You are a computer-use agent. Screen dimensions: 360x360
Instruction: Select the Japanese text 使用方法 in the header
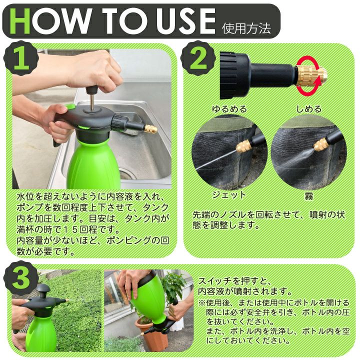(246, 28)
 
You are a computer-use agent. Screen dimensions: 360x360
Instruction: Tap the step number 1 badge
(20, 58)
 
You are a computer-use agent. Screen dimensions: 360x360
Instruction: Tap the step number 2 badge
(198, 58)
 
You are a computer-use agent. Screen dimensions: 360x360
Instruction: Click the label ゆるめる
(229, 108)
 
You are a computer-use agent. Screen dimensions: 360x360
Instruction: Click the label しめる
(309, 108)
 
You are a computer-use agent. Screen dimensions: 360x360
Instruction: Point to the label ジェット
(229, 195)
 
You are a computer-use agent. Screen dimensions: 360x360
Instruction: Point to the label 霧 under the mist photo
(309, 196)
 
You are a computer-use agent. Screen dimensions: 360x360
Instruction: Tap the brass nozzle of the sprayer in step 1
(151, 129)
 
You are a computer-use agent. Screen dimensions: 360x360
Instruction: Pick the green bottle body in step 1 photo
(93, 163)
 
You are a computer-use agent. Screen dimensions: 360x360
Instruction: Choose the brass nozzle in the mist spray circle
(321, 144)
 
